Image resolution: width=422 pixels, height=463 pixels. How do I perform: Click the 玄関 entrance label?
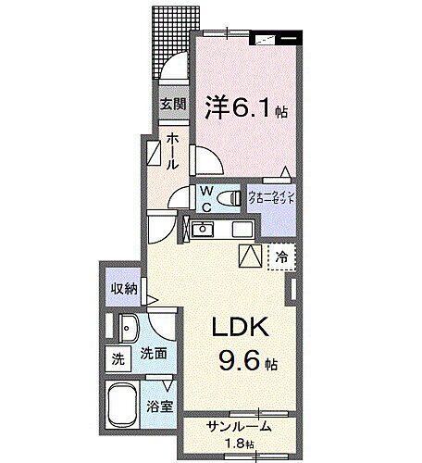pyautogui.click(x=172, y=104)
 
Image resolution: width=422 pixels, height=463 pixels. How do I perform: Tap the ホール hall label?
pyautogui.click(x=173, y=152)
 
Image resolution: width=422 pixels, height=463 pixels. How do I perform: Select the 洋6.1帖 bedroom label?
pyautogui.click(x=244, y=109)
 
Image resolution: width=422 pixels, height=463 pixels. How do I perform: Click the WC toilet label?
pyautogui.click(x=207, y=199)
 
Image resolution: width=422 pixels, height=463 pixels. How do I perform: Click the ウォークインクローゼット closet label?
pyautogui.click(x=271, y=197)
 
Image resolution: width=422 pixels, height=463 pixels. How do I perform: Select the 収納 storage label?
pyautogui.click(x=124, y=289)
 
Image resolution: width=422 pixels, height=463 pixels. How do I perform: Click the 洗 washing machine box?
pyautogui.click(x=118, y=358)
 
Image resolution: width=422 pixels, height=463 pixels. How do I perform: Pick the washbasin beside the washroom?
pyautogui.click(x=127, y=327)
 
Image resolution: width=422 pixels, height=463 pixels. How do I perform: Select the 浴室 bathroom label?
pyautogui.click(x=159, y=406)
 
